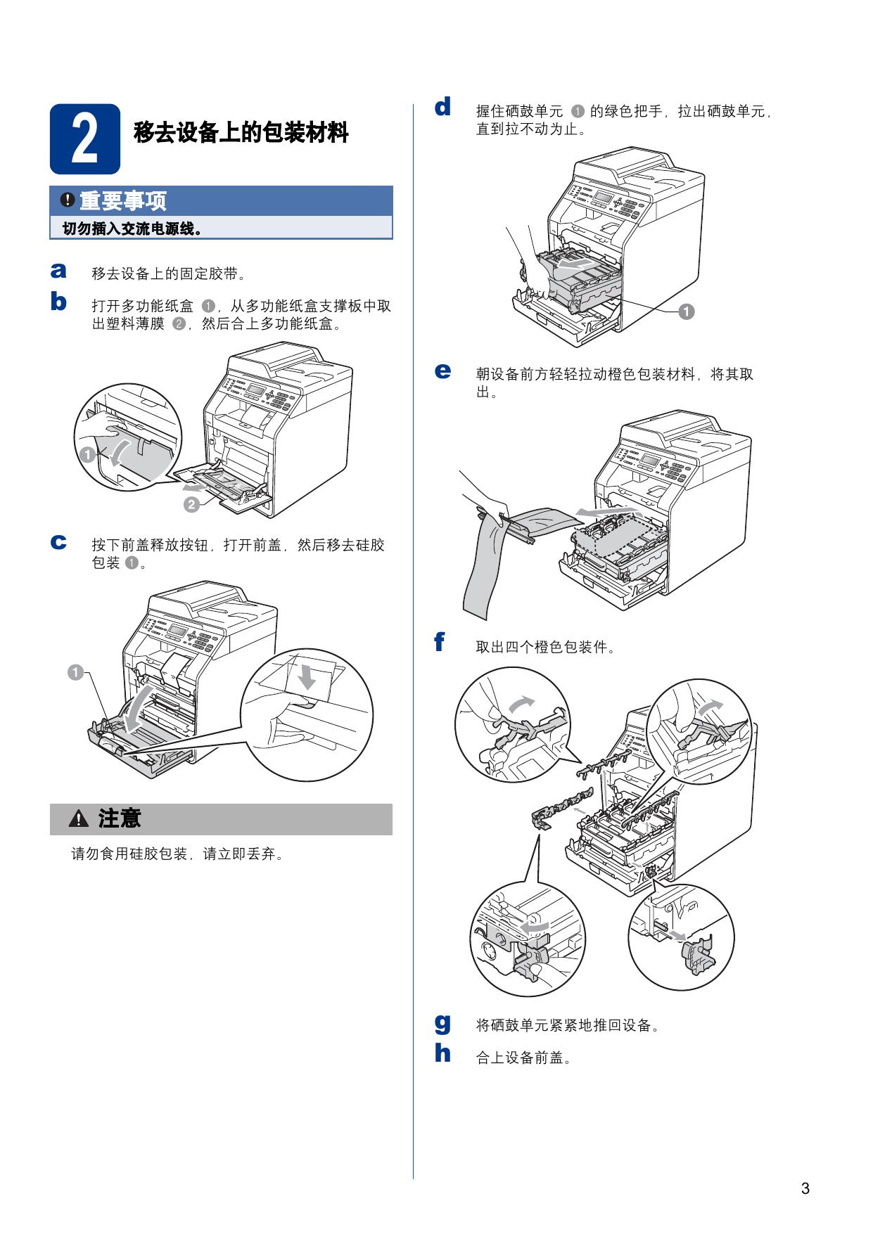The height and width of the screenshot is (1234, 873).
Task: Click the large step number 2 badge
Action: pos(84,139)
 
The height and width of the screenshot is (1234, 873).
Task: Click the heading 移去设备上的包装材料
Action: pos(241,131)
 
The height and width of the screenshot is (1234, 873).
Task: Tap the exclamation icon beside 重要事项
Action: pos(67,200)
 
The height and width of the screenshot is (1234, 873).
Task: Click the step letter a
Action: pos(58,271)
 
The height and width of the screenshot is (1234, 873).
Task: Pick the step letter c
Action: pos(58,542)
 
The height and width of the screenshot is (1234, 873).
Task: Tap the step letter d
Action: pos(442,107)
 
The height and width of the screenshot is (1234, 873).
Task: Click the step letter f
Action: pos(440,641)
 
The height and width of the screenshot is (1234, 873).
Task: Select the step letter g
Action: pos(442,1023)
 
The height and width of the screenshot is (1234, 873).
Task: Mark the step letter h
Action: pos(442,1053)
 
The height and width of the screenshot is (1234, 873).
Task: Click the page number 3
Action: pos(805,1189)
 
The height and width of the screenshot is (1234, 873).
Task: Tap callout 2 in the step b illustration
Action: pos(191,504)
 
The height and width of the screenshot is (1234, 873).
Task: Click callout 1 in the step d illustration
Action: pos(687,311)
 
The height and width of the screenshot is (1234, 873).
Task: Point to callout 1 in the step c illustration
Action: pos(75,673)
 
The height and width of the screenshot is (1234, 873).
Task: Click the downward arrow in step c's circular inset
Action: pos(307,676)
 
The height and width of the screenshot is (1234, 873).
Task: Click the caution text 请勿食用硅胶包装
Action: pos(129,854)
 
